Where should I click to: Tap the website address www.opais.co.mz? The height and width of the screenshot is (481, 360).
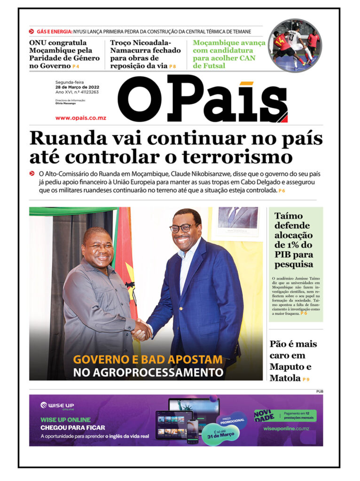click(80, 118)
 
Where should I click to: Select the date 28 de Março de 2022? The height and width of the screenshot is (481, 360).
click(77, 87)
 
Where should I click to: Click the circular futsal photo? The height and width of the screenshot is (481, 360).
click(295, 46)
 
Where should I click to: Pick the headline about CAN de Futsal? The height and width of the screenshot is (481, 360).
click(229, 54)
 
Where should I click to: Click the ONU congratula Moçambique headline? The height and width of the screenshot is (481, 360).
click(64, 54)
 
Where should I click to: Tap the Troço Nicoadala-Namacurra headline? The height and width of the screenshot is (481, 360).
click(145, 54)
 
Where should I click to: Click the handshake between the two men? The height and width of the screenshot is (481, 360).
click(141, 330)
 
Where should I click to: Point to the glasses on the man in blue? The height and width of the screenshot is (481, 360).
click(182, 229)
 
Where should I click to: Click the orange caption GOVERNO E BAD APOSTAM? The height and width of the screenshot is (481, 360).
click(148, 360)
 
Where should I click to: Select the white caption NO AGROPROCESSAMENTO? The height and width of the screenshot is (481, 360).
click(148, 373)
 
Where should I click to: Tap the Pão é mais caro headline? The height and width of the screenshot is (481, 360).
click(293, 361)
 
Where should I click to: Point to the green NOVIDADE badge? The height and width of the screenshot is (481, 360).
click(263, 415)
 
